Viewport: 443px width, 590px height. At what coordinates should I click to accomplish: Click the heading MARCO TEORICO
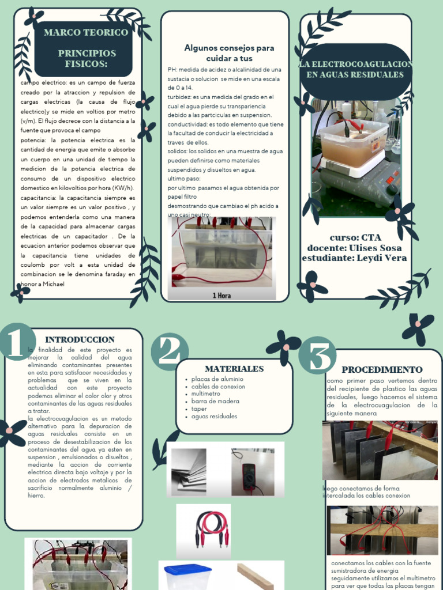click(86, 32)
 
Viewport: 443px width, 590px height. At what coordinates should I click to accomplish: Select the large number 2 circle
click(170, 351)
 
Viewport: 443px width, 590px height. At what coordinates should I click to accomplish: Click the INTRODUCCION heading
click(80, 340)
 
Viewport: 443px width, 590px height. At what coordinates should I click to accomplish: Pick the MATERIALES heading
click(234, 369)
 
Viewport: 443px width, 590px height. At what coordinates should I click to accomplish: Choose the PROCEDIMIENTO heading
click(382, 370)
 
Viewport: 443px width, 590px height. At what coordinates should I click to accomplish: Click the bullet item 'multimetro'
click(207, 394)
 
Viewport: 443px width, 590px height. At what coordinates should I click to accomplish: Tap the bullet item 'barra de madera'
click(215, 402)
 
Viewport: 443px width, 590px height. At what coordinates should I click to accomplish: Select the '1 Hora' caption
click(222, 296)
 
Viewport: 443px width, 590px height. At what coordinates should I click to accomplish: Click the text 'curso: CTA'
click(355, 237)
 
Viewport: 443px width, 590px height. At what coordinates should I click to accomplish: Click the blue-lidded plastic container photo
click(187, 577)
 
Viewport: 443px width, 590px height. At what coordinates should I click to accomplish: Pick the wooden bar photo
click(256, 576)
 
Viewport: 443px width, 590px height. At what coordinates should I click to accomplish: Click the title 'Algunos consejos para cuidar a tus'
click(229, 53)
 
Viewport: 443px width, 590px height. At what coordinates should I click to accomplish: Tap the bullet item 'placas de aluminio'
click(217, 379)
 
